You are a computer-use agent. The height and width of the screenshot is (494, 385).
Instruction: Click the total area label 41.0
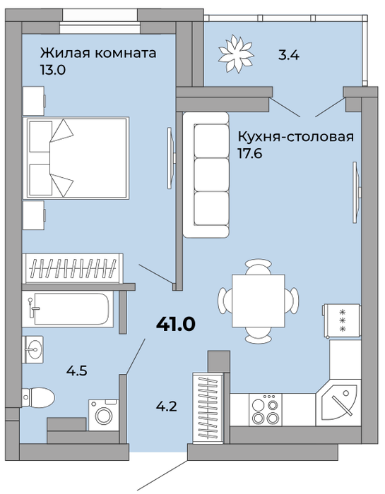(x=176, y=324)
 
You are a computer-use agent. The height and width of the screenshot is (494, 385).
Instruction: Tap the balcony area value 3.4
(x=288, y=56)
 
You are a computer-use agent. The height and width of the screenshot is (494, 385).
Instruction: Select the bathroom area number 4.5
(x=76, y=370)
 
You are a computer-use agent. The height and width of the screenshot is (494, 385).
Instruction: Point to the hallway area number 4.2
(x=166, y=406)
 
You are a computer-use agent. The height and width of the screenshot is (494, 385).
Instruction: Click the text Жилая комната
(x=98, y=53)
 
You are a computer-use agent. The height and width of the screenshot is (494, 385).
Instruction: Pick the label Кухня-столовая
(x=296, y=137)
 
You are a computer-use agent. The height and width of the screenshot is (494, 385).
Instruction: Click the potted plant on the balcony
(x=236, y=54)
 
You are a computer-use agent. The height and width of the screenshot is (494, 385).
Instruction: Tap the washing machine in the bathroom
(x=104, y=415)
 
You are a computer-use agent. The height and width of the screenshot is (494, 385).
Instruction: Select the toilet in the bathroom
(x=38, y=397)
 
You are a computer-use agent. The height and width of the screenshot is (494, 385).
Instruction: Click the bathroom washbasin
(x=32, y=349)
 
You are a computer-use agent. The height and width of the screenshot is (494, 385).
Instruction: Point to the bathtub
(x=68, y=309)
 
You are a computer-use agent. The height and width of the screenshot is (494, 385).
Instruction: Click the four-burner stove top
(x=266, y=409)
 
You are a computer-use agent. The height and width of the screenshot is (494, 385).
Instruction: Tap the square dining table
(x=259, y=301)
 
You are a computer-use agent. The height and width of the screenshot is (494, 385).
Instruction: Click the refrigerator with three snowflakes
(x=342, y=320)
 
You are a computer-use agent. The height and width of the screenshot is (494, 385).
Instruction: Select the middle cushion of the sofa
(x=211, y=174)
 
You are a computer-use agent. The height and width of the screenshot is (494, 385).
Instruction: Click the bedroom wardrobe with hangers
(x=73, y=268)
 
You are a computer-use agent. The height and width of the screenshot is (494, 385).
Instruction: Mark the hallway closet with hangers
(x=208, y=408)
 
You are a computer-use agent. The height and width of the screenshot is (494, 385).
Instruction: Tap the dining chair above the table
(x=259, y=267)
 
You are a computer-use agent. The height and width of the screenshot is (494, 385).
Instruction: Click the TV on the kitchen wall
(x=357, y=193)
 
